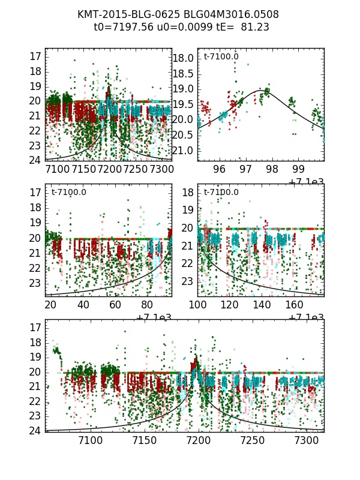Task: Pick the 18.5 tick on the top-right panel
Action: point(184,74)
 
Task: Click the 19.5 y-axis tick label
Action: point(184,104)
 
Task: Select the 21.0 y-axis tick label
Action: point(184,150)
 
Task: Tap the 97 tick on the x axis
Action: point(246,170)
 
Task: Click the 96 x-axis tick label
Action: point(220,170)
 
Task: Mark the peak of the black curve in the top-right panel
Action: point(261,91)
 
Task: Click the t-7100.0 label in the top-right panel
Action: point(221,57)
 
